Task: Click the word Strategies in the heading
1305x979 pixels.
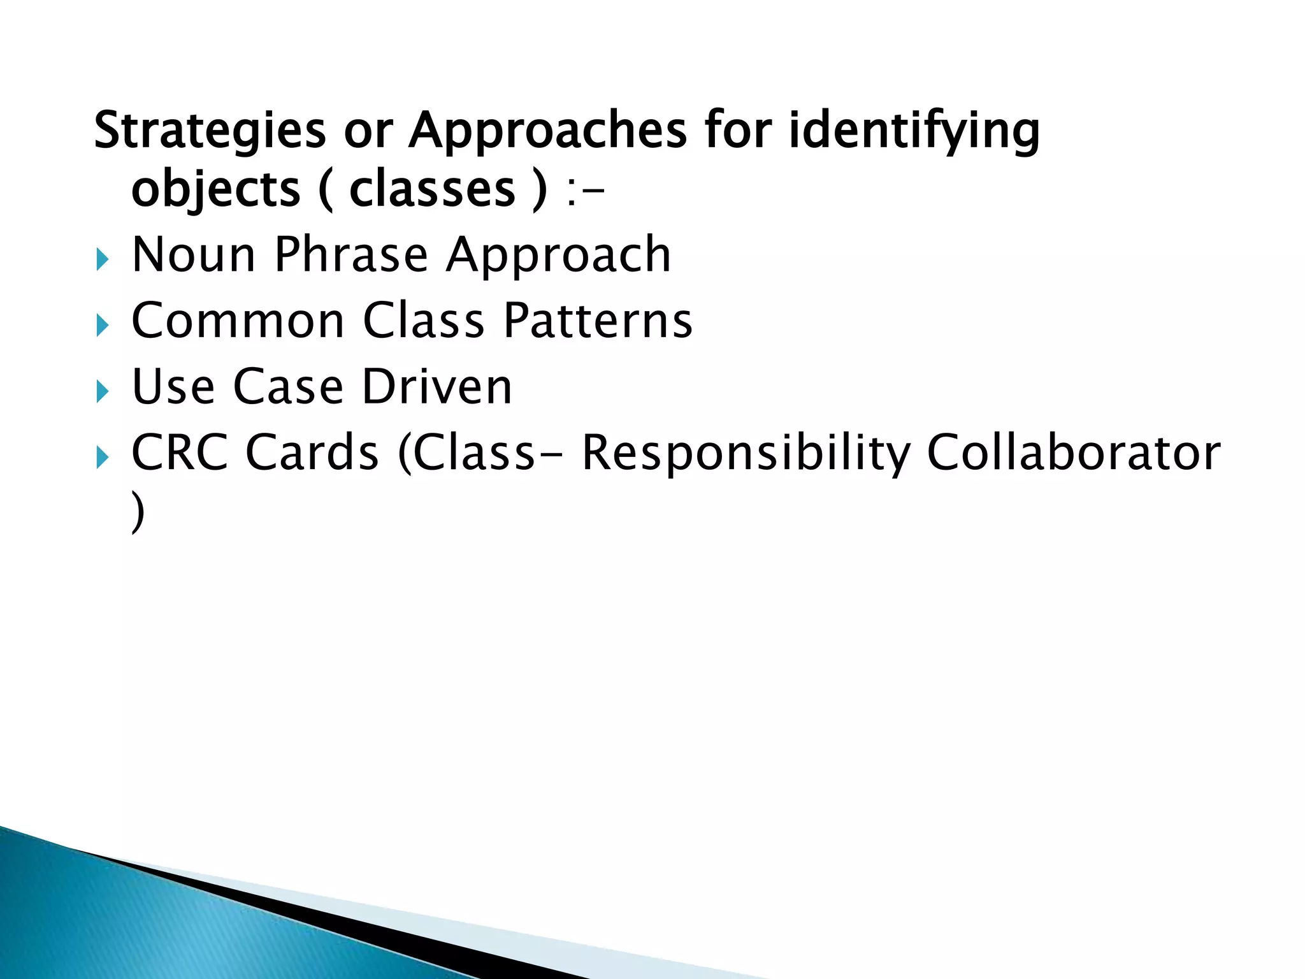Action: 210,131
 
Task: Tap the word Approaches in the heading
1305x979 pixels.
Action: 548,131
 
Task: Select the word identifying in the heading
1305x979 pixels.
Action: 914,131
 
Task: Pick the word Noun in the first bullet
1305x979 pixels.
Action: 194,255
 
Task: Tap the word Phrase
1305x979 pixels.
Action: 351,255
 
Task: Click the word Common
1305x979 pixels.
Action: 238,321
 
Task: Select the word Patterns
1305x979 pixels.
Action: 598,321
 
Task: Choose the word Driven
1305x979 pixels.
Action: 437,387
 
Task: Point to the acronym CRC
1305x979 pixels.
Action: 180,453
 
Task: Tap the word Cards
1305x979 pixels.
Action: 312,453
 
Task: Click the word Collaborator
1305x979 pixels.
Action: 1074,453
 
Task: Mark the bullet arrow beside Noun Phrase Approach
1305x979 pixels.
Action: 103,259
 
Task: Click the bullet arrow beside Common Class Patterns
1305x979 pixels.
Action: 103,326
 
